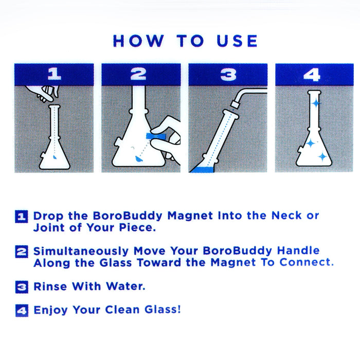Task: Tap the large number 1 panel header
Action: coord(54,75)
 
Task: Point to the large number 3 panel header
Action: coord(228,75)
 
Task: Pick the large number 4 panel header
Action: coord(312,75)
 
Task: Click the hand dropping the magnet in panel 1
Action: coord(43,93)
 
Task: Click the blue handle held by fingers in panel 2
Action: coord(155,136)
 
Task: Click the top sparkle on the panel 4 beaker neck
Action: coord(315,104)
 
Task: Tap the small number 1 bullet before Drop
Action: coord(22,217)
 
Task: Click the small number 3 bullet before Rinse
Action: coord(22,287)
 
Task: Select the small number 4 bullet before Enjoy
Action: coord(22,311)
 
